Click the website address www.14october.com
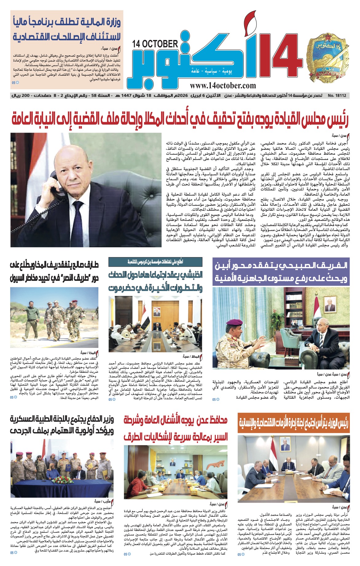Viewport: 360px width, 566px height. pos(223,86)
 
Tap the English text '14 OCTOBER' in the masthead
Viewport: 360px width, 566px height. pos(155,44)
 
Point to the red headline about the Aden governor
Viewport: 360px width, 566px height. pos(176,428)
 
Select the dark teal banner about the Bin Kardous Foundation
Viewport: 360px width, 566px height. pos(156,262)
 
